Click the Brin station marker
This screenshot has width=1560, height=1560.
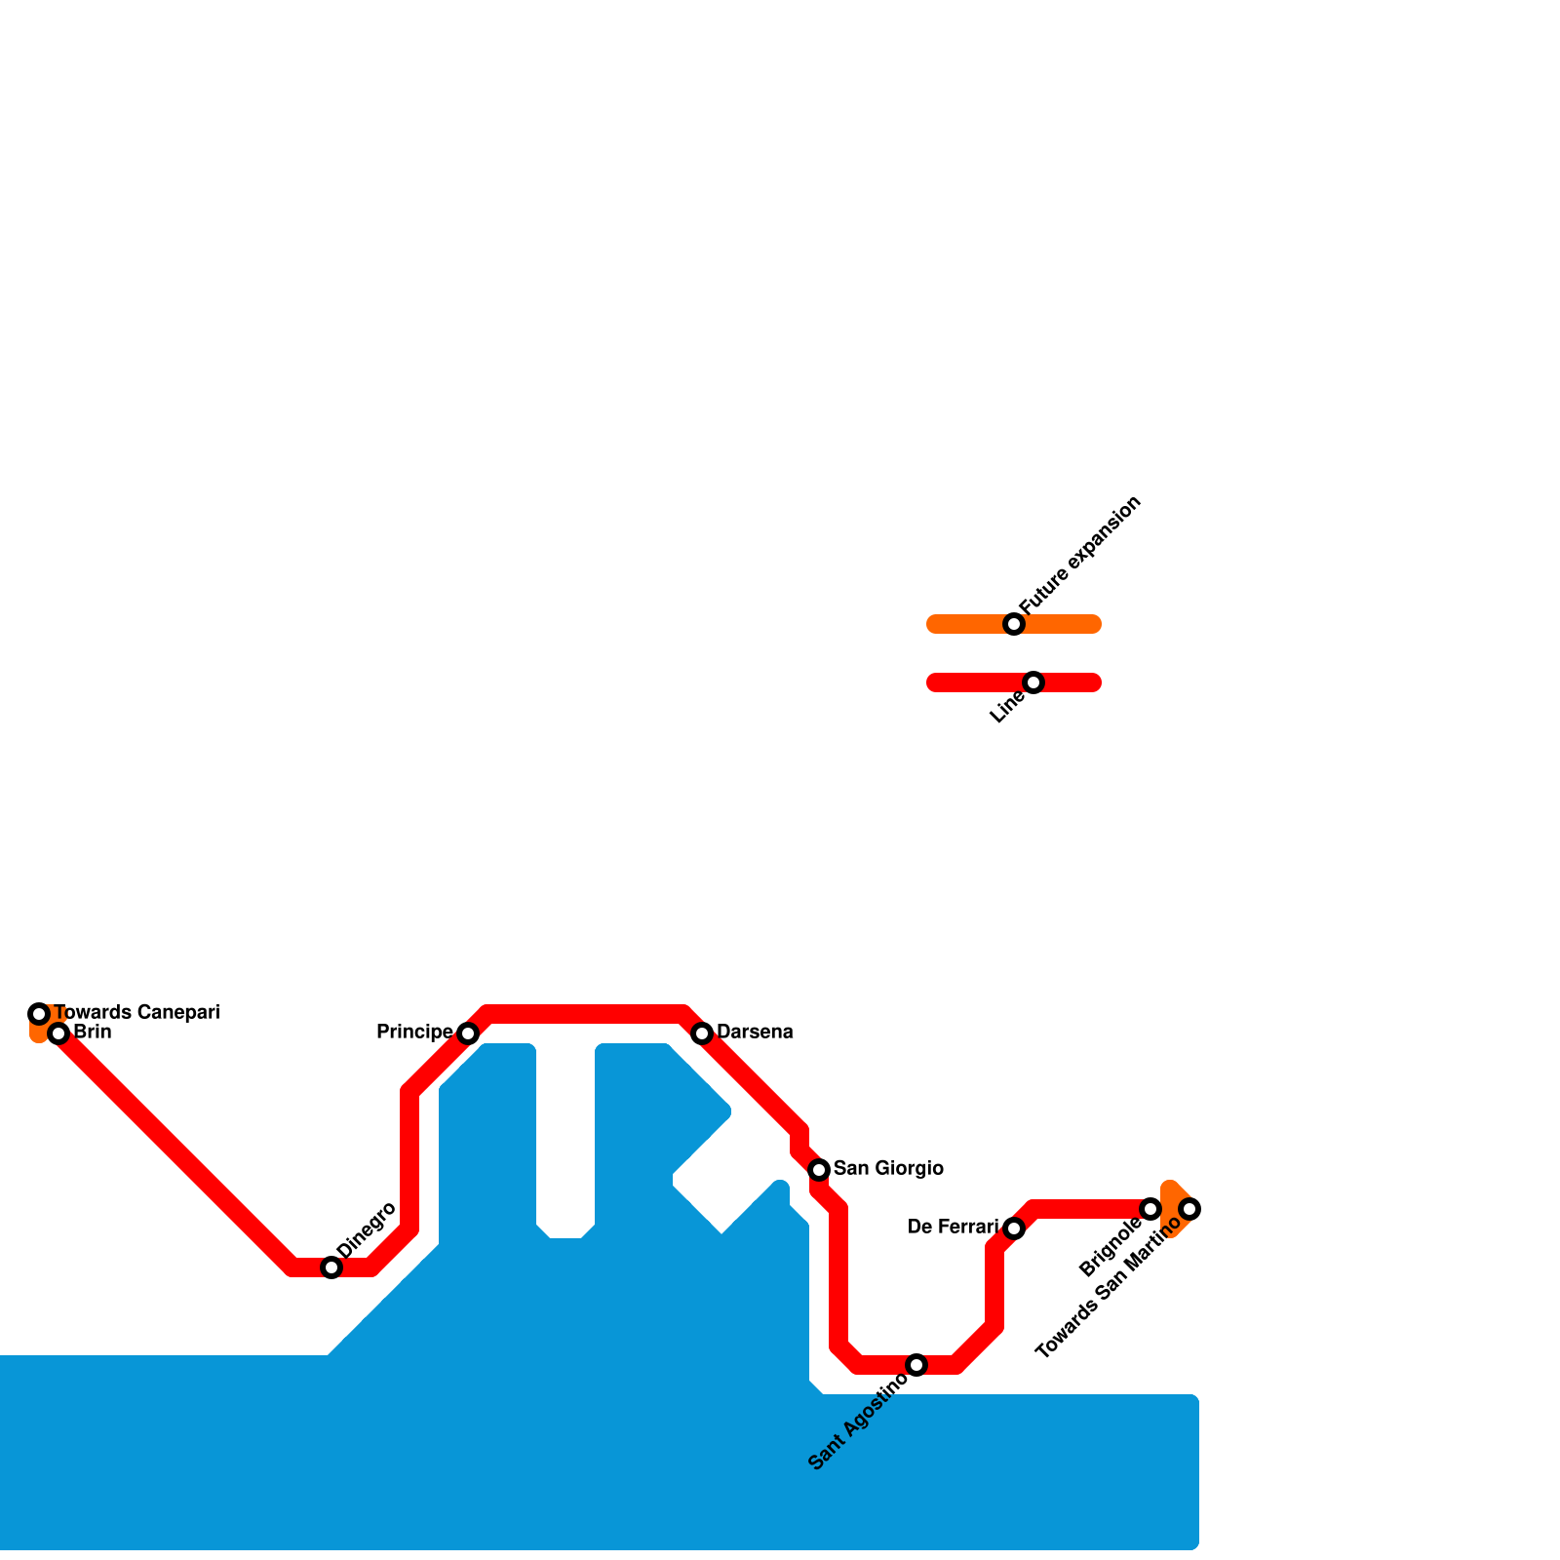58,1033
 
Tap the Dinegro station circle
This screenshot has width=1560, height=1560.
331,1267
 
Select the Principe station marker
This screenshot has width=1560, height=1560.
468,1033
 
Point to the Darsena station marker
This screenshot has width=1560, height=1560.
702,1033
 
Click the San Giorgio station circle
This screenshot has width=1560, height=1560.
819,1170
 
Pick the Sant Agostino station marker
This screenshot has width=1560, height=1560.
916,1365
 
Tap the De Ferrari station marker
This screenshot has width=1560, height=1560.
1014,1228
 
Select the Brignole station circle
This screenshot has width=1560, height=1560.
1150,1209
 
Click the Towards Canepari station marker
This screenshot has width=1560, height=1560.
39,1014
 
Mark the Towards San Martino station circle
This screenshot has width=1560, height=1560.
1189,1209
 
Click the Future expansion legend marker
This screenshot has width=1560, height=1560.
1014,624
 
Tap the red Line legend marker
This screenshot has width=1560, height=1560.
1033,682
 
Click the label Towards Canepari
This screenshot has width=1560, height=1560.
136,1012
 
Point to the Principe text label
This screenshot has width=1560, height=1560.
414,1032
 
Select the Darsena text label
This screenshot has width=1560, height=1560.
755,1032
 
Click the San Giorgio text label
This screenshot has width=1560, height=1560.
888,1168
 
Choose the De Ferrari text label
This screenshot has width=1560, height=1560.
953,1227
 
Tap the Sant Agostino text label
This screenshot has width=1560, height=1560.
859,1421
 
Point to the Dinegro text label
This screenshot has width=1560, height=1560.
366,1230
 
